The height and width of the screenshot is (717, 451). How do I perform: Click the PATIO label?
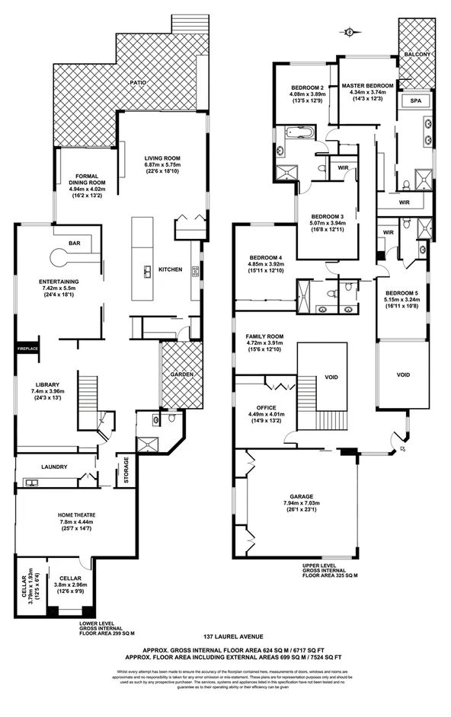(137, 81)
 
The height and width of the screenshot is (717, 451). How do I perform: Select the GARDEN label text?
(181, 375)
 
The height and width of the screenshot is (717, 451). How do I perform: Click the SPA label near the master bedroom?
(416, 100)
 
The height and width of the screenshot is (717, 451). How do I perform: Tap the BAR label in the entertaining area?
(75, 244)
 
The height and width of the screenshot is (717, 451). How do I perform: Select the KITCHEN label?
(171, 270)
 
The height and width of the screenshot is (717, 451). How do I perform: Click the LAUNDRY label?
(54, 467)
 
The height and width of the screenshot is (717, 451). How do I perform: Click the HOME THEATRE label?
(76, 515)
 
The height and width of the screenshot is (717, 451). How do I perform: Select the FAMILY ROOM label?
(264, 336)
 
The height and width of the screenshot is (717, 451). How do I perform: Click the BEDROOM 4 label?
(260, 257)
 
